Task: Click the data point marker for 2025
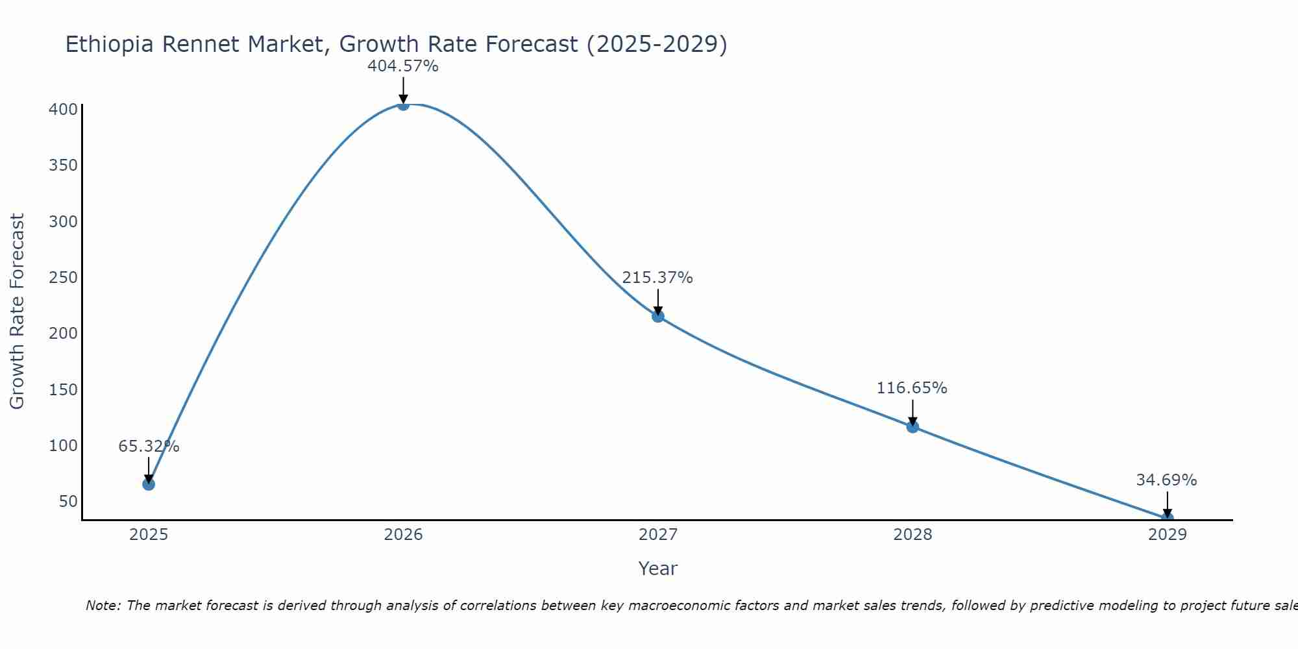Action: (149, 484)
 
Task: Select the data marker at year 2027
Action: (658, 316)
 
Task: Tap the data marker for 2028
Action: (912, 426)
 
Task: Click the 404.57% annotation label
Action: (403, 66)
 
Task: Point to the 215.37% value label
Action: (657, 278)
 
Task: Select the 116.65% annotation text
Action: (912, 388)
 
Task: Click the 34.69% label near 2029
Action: (1166, 480)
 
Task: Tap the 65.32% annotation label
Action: (149, 447)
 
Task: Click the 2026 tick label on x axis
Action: (403, 535)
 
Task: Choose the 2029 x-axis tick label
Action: (1167, 535)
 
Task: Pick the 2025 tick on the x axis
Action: (149, 535)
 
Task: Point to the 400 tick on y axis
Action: (63, 109)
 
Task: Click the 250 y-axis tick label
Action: (63, 278)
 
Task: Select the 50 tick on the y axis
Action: (67, 502)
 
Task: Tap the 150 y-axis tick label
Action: (63, 390)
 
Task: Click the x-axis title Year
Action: (657, 569)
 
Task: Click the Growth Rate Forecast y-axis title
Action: (18, 312)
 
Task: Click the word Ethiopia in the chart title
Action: (110, 44)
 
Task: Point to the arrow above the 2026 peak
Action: (403, 90)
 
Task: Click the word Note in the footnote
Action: (102, 606)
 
